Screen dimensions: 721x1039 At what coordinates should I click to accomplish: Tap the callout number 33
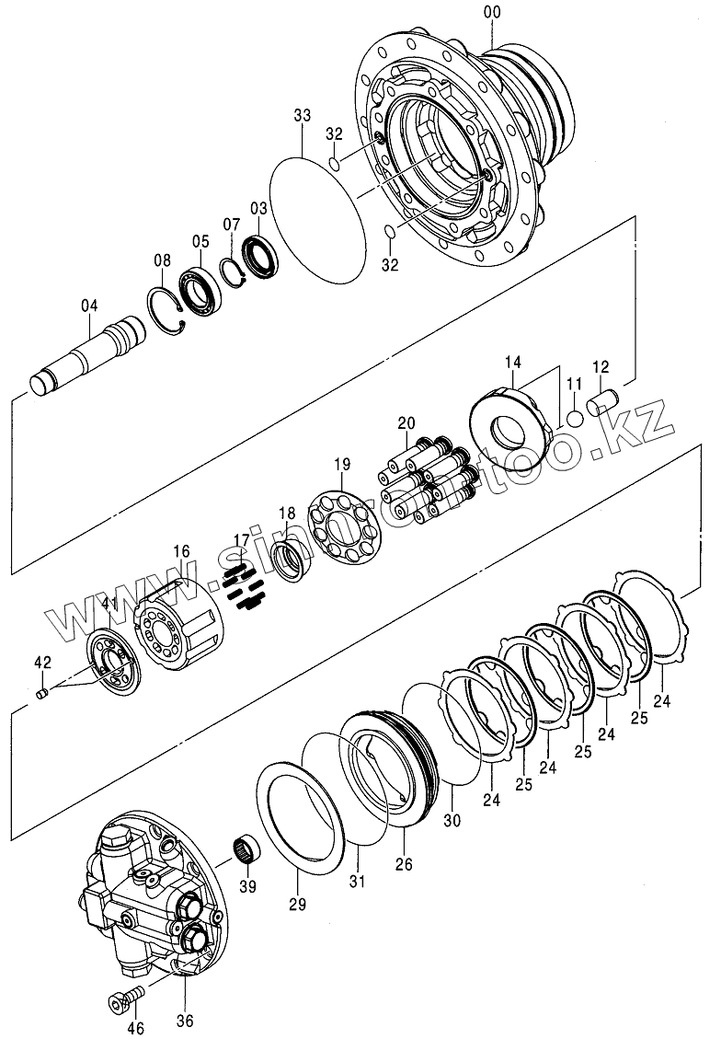tap(303, 115)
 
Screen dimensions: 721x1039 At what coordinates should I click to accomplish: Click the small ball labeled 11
tap(575, 418)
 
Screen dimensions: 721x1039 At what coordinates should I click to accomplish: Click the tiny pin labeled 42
tap(41, 693)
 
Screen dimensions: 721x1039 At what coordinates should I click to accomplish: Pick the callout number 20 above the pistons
tap(406, 422)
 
